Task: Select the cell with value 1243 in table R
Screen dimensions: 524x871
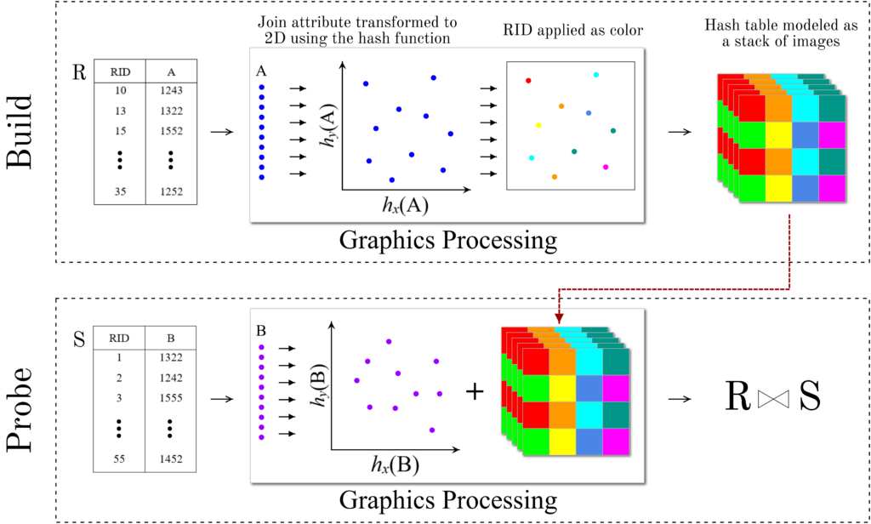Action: [171, 89]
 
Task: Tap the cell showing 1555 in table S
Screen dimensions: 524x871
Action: [171, 397]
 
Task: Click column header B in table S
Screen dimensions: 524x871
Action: [171, 337]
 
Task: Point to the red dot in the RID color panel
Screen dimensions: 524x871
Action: [528, 81]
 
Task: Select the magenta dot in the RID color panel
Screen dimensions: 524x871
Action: [606, 168]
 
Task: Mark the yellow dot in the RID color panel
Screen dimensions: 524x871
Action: [538, 125]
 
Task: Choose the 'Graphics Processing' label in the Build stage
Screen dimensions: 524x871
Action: [448, 241]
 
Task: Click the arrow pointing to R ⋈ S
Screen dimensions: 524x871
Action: [679, 397]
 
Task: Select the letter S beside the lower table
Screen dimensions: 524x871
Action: [79, 338]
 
